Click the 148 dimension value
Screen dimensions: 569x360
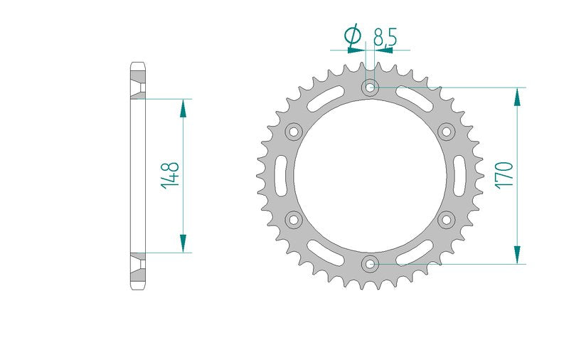click(x=170, y=175)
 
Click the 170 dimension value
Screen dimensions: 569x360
click(x=504, y=175)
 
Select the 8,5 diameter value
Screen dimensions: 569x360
click(x=385, y=37)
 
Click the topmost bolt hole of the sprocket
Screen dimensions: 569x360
click(x=370, y=87)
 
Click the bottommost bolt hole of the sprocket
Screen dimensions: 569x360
click(x=370, y=264)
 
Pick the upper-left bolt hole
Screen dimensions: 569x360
click(x=294, y=132)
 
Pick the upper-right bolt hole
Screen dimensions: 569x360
click(x=447, y=132)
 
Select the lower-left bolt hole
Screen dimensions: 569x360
click(x=294, y=220)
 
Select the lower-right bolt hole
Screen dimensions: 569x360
click(x=447, y=220)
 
